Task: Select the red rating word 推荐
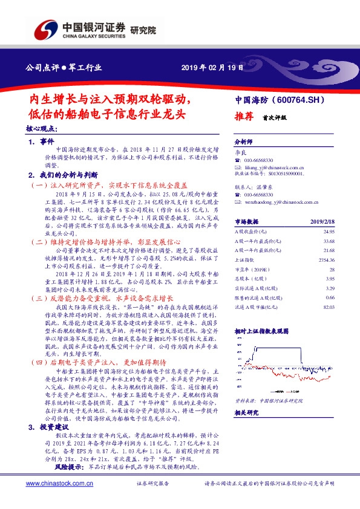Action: (x=244, y=118)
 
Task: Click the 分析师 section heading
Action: (x=243, y=139)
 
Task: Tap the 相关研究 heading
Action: (x=246, y=413)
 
